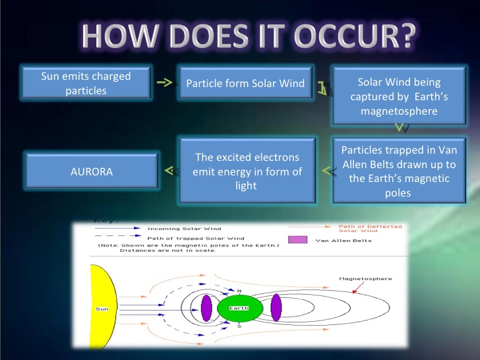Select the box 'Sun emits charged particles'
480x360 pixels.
[86, 82]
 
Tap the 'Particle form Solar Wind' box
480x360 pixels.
[245, 82]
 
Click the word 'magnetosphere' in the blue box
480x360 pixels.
[399, 111]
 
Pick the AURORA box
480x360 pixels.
[92, 171]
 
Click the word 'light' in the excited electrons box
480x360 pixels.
[246, 185]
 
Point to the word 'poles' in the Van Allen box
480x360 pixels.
[398, 193]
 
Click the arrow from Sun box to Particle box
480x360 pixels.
[165, 82]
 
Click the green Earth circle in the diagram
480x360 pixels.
[240, 309]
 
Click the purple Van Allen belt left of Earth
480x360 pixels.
[206, 308]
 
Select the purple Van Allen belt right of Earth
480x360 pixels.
[276, 308]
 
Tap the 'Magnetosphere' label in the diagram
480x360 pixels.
[365, 278]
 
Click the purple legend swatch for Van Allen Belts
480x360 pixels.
[297, 240]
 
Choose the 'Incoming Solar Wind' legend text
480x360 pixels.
[185, 229]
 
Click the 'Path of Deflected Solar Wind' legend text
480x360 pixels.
[370, 228]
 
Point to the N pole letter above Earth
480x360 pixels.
[239, 291]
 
